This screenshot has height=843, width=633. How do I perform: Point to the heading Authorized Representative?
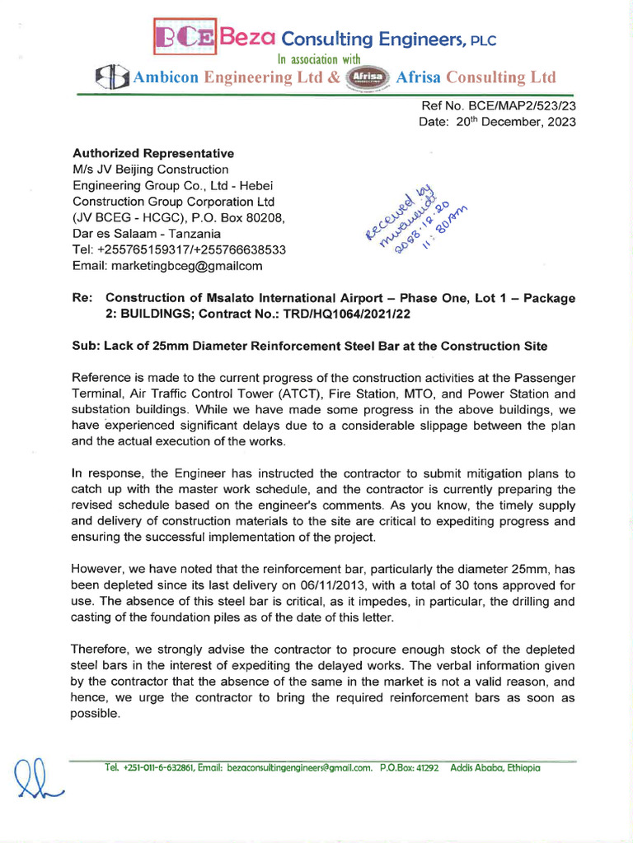(153, 153)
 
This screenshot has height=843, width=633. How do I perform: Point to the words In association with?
(319, 58)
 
